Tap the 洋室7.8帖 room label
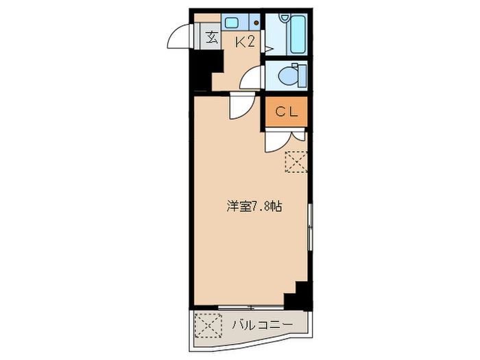point(254,205)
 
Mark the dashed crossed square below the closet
point(297,162)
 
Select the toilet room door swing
point(252,77)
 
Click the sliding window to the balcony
point(250,306)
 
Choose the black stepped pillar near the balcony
point(298,296)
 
